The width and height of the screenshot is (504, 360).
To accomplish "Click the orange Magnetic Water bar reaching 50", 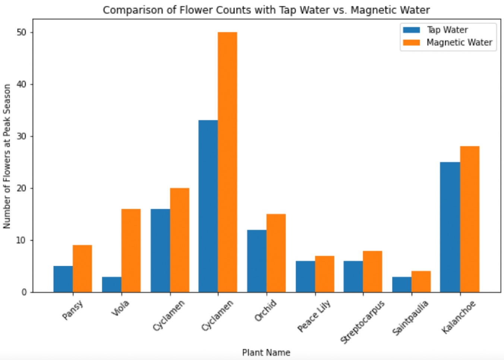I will tap(227, 162).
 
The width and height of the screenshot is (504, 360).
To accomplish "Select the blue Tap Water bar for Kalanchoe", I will tap(450, 227).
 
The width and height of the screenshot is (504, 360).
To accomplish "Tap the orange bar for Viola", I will tap(131, 250).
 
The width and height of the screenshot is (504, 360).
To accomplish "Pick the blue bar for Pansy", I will tap(63, 279).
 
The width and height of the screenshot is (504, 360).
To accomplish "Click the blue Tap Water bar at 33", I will tap(208, 206).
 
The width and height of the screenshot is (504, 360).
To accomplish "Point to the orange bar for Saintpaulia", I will tap(421, 281).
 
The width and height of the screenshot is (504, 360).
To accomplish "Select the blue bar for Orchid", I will tap(256, 261).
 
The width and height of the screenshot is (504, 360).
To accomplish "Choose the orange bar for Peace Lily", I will tap(324, 274).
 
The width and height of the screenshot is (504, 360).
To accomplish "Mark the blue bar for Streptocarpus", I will tap(353, 277).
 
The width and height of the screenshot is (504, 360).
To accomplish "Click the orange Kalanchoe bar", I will tap(469, 219).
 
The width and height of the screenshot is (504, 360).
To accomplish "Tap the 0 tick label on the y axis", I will tap(24, 293).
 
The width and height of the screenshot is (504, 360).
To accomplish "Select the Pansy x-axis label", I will tap(72, 310).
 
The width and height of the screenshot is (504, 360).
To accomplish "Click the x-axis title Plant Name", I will tap(266, 353).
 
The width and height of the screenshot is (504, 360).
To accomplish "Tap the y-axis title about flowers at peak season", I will tap(7, 156).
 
